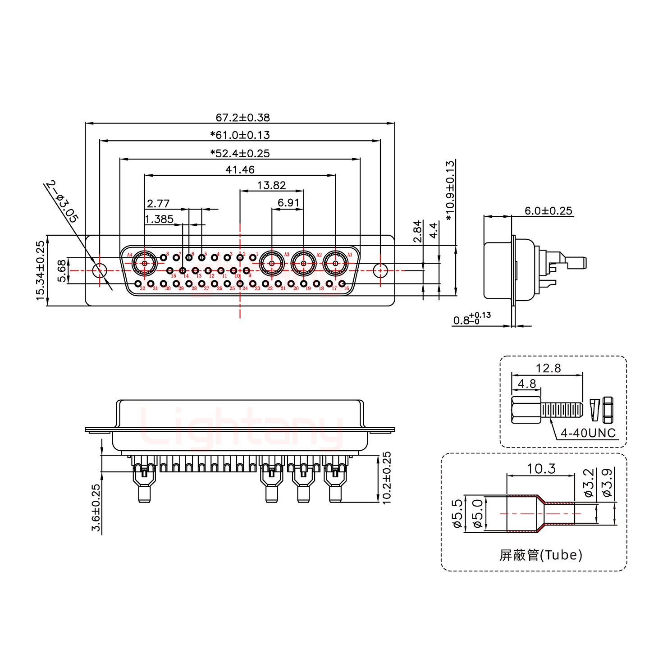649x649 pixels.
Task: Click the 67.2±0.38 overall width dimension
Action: (242, 118)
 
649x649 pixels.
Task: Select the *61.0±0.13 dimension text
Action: (240, 135)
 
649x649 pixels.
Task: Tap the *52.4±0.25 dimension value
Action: (240, 153)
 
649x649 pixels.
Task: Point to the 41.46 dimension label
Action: (240, 170)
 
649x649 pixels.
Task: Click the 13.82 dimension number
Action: (271, 185)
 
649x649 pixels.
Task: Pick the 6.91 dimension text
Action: (288, 203)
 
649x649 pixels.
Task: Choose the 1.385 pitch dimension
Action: (159, 219)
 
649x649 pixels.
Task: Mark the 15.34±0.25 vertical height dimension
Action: (41, 270)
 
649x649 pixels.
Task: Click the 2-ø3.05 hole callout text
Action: (62, 202)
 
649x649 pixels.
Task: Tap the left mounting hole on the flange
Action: (100, 271)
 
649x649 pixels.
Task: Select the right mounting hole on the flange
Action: (380, 271)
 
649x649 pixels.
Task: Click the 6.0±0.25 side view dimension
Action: (548, 210)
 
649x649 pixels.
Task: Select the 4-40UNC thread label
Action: (588, 434)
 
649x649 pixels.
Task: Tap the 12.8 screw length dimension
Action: (548, 368)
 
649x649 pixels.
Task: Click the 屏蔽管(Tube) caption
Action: (541, 555)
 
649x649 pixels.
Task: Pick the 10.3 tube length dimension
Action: (541, 469)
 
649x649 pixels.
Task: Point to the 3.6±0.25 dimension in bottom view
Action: (96, 507)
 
